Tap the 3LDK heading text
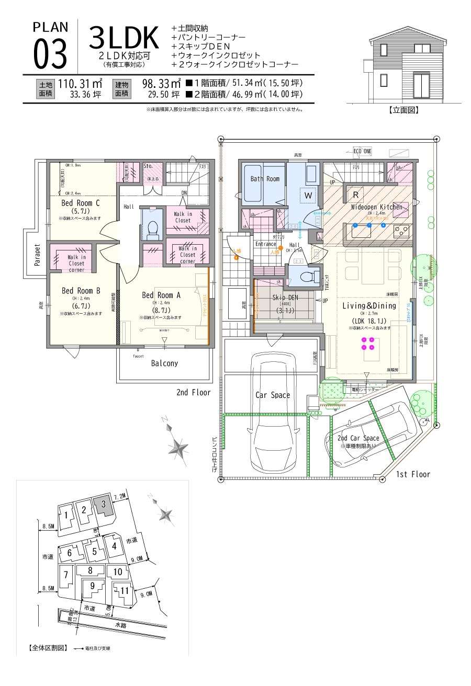pyautogui.click(x=124, y=38)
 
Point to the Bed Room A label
pyautogui.click(x=161, y=295)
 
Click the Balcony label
pyautogui.click(x=164, y=363)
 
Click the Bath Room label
pyautogui.click(x=265, y=179)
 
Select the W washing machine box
pyautogui.click(x=308, y=195)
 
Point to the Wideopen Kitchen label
pyautogui.click(x=377, y=207)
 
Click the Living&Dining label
pyautogui.click(x=369, y=306)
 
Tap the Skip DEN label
pyautogui.click(x=285, y=298)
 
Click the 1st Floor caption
pyautogui.click(x=413, y=474)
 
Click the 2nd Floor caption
pyautogui.click(x=193, y=393)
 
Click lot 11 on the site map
pyautogui.click(x=124, y=591)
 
